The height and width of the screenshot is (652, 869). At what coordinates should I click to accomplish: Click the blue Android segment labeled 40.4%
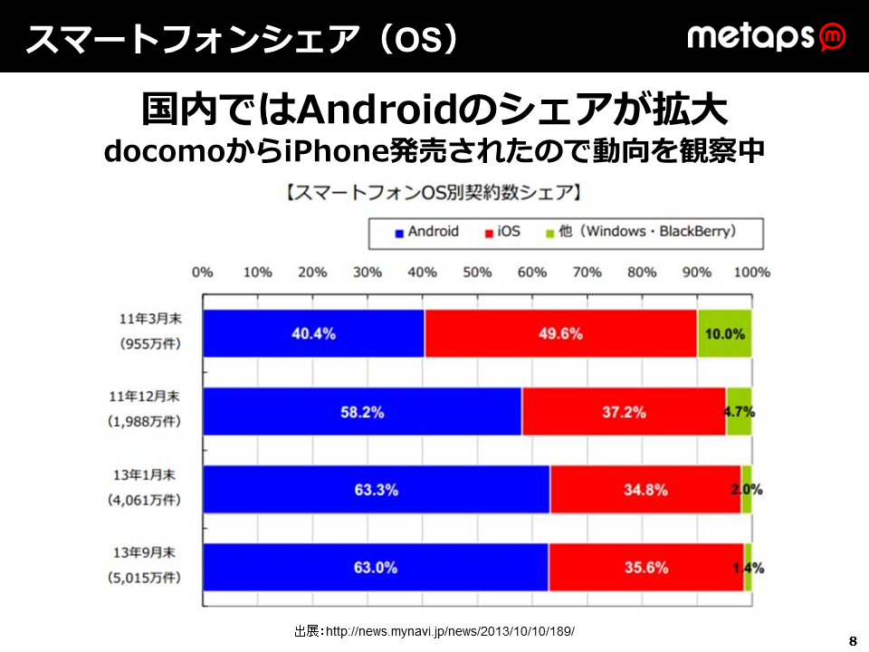click(314, 333)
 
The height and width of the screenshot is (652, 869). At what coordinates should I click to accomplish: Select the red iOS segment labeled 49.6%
click(560, 333)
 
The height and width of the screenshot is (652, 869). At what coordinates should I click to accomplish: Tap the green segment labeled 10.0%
click(724, 333)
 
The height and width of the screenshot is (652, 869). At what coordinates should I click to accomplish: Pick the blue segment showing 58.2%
click(362, 411)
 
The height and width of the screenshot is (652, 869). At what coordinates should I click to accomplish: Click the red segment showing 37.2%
click(624, 411)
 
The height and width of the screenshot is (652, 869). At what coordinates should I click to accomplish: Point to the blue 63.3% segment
click(377, 490)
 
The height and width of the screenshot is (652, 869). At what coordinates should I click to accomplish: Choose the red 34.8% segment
click(645, 490)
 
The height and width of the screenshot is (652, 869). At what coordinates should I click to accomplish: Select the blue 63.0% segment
click(376, 568)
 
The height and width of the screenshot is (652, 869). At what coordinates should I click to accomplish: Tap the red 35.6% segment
click(646, 568)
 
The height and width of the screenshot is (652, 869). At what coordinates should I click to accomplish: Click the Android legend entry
click(426, 232)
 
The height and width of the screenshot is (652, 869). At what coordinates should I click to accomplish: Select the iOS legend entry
click(502, 232)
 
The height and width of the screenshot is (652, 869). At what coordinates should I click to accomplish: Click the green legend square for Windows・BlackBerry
click(550, 234)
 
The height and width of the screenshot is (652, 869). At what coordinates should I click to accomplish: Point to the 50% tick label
click(477, 273)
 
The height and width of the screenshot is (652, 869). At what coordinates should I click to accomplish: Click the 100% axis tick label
click(752, 273)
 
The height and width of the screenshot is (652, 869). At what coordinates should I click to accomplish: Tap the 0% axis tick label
click(203, 273)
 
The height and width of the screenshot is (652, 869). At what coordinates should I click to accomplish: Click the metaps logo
click(767, 36)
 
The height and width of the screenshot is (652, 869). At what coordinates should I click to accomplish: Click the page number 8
click(853, 641)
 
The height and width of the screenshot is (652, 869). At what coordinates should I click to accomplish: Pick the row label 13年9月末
click(144, 552)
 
